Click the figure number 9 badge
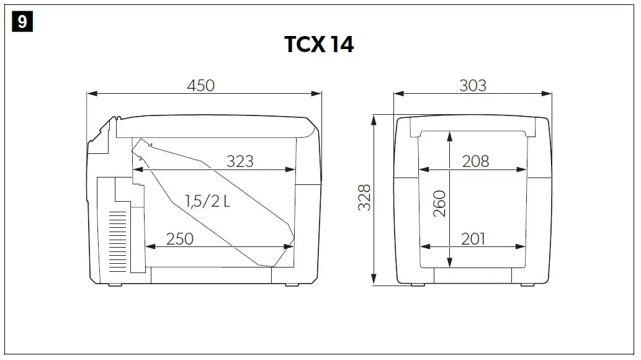click(22, 22)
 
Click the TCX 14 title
click(319, 45)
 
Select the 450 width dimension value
click(200, 85)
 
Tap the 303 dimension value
click(472, 85)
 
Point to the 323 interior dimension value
click(240, 161)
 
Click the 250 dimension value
click(180, 238)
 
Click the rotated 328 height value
click(365, 197)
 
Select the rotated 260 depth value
click(439, 203)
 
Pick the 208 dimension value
click(475, 161)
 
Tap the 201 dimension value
click(473, 238)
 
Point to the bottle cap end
click(142, 147)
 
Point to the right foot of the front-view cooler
click(526, 284)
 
